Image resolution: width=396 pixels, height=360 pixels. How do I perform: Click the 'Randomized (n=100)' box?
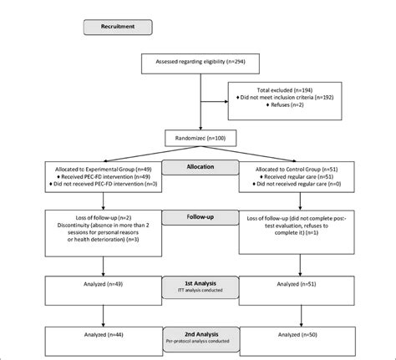pos(197,136)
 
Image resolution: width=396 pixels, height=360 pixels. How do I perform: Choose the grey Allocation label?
pos(196,166)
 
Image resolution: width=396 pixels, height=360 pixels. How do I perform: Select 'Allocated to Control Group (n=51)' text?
pos(297,170)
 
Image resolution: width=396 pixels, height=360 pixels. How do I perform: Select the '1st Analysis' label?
pos(196,285)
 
